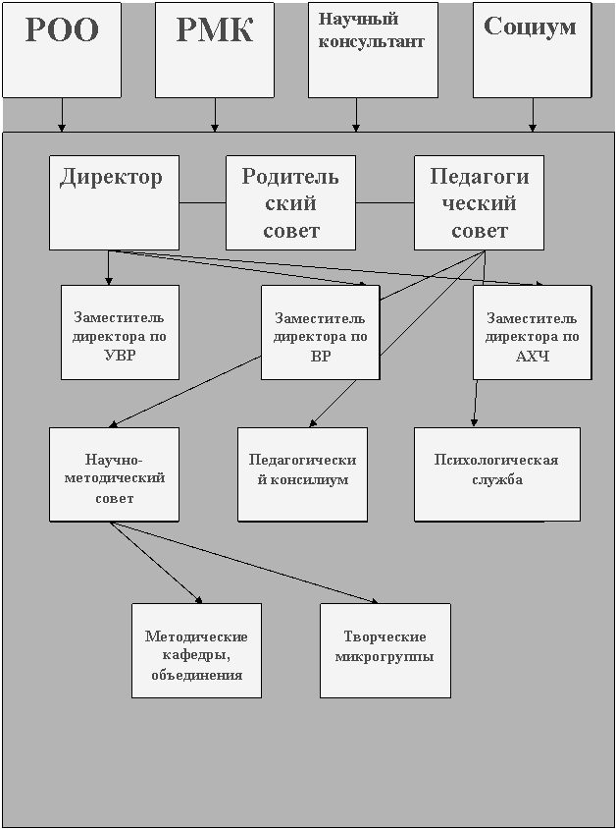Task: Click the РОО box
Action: coord(61,49)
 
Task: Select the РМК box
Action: coord(214,49)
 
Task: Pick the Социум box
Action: coord(531,49)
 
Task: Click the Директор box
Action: coord(114,201)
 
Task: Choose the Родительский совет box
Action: coord(290,202)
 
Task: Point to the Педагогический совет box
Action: coord(479,202)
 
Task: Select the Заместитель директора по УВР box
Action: coord(120,332)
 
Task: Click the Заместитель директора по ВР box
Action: coord(320,332)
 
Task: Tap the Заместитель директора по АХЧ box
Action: coord(532,332)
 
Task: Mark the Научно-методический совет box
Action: coord(114,473)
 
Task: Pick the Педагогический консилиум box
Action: coord(302,473)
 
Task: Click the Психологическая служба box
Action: coord(496,473)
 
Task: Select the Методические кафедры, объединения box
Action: coord(196,650)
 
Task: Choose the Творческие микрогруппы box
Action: coord(385,650)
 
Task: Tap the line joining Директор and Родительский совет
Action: coord(202,202)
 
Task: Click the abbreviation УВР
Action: coord(119,356)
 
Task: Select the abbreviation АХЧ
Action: coord(532,356)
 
